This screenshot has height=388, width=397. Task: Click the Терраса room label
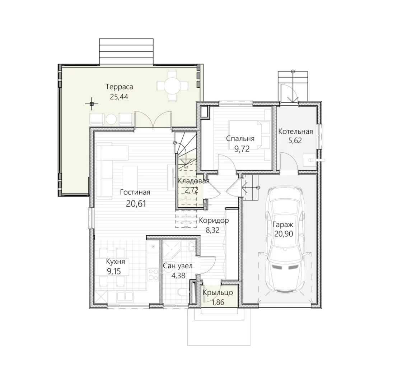coord(119,87)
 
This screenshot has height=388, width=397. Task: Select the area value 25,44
coord(119,97)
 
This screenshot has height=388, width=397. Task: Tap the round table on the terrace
coord(172,86)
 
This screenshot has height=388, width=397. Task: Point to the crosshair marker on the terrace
coord(92,103)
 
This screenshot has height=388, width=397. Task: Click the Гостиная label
coord(135,192)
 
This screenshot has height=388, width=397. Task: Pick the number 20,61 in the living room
coord(136,203)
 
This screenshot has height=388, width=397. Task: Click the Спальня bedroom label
coord(240,139)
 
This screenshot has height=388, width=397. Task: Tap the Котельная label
coord(295,131)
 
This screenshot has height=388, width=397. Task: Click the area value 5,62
coord(295,140)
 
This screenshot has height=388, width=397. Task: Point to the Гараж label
coord(283,225)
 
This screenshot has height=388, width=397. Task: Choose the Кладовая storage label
coord(194,181)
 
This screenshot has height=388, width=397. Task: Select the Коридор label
coord(214,221)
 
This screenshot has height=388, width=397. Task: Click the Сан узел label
coord(177,266)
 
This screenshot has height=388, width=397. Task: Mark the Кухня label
coord(116,262)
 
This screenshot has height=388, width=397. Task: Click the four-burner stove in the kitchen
coord(153,274)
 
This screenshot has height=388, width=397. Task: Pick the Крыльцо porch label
coord(218,293)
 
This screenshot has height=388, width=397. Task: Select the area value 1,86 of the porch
coord(218,302)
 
